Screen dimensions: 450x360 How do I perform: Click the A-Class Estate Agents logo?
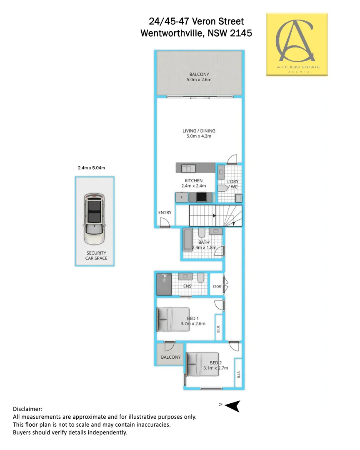tap(297, 44)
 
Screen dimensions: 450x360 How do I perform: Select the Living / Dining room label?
tap(199, 131)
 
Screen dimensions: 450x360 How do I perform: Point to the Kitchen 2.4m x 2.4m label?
tap(194, 183)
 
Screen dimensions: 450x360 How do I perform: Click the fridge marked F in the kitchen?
tap(181, 197)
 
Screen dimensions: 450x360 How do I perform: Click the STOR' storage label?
tap(217, 287)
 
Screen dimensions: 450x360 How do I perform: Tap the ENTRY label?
tap(165, 212)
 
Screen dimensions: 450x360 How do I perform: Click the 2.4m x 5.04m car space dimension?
tap(91, 168)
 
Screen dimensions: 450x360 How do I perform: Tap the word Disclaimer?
tap(27, 409)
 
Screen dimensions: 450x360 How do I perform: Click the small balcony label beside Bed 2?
tap(171, 357)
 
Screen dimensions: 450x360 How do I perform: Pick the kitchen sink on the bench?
tap(188, 168)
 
